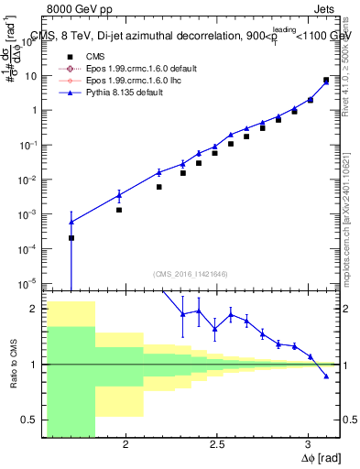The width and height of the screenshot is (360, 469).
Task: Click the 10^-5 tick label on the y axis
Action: point(29,282)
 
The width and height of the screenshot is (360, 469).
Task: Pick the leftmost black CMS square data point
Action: point(71,237)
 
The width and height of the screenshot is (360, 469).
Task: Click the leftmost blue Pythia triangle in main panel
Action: point(71,222)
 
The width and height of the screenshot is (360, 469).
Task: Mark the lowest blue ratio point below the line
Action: point(326,376)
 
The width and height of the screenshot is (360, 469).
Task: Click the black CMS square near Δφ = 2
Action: point(119,210)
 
